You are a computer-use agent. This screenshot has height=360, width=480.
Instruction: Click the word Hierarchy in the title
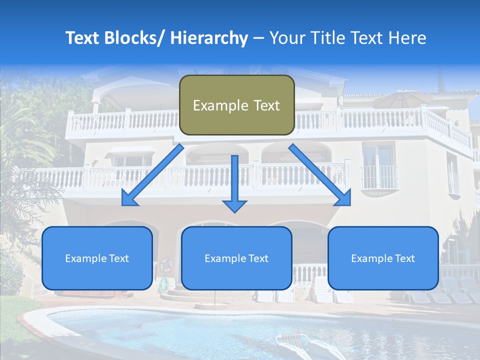tap(209, 38)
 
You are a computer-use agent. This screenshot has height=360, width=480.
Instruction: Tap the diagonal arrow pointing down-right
tap(320, 175)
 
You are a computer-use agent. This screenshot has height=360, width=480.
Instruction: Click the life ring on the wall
tap(165, 265)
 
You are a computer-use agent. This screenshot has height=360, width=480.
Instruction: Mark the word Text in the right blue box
tap(404, 258)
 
